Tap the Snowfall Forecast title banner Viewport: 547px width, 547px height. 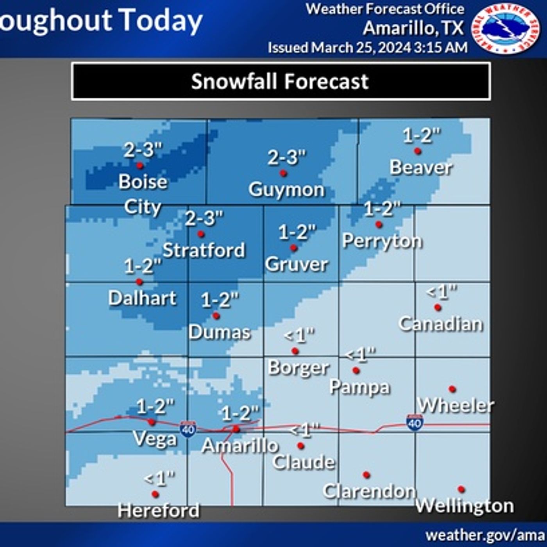281,81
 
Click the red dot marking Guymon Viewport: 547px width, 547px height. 283,173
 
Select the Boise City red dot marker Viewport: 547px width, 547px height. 139,166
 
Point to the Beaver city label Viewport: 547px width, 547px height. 421,168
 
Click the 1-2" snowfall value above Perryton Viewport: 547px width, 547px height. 382,209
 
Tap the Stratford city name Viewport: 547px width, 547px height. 204,250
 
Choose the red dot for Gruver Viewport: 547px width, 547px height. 293,248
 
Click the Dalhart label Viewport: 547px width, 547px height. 142,298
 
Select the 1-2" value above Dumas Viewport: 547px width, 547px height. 220,300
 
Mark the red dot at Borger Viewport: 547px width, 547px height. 295,351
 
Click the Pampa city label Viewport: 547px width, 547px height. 359,387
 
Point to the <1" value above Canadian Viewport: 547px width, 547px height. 442,291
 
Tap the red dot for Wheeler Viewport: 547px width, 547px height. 452,389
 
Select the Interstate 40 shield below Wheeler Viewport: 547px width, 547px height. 415,422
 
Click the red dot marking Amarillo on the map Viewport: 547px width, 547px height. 236,429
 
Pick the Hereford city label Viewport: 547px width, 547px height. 158,511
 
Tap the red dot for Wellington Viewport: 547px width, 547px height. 461,489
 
